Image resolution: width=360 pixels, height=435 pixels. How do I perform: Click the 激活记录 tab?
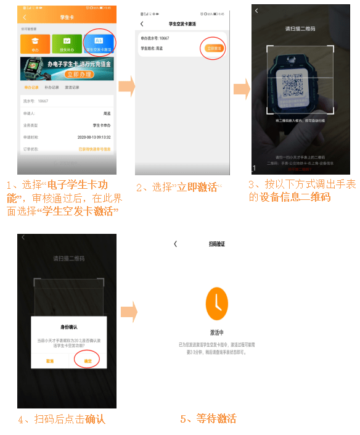pyautogui.click(x=72, y=88)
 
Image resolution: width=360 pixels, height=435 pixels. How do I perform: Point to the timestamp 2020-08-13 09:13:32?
pyautogui.click(x=94, y=136)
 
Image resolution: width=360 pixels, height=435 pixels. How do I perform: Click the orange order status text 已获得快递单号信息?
pyautogui.click(x=94, y=149)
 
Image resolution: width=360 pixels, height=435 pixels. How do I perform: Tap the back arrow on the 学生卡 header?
pyautogui.click(x=25, y=17)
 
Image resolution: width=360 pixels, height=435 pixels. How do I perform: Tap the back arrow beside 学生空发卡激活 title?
pyautogui.click(x=142, y=24)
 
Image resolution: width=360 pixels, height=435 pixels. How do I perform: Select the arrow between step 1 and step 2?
pyautogui.click(x=126, y=86)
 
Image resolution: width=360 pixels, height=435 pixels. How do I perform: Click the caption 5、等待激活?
pyautogui.click(x=208, y=419)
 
